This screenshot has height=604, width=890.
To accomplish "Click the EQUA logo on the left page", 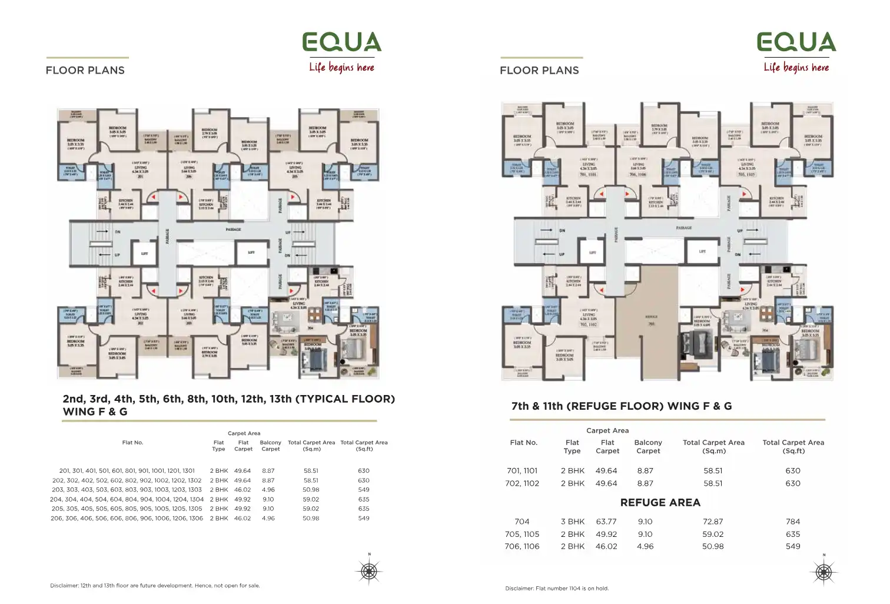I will click(342, 42).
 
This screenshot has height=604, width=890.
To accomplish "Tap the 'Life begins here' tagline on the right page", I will click(796, 68).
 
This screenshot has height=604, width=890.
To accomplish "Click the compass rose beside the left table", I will click(369, 570).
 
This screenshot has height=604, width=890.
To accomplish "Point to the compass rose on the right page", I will click(823, 571).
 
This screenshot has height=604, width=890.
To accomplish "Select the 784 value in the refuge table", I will click(793, 522).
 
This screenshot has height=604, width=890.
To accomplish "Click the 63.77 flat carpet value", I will click(606, 522).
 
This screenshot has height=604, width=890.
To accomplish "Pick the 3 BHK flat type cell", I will click(573, 522).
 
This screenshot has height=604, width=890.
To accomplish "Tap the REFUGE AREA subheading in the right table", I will click(660, 503).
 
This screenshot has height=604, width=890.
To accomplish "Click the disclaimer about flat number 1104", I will click(557, 588).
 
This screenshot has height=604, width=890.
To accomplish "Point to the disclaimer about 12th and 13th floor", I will click(155, 586).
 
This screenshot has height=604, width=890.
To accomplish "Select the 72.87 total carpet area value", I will click(713, 522).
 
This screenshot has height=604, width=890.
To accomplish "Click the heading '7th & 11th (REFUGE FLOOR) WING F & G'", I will click(622, 406).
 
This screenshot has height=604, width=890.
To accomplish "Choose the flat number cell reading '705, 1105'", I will click(522, 535).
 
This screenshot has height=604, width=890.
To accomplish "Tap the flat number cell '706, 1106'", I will click(522, 546).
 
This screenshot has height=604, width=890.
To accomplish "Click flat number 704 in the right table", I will click(522, 522).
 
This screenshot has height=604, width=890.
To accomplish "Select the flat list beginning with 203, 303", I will click(127, 490).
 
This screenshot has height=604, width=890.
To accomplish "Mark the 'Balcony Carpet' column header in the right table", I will click(648, 447).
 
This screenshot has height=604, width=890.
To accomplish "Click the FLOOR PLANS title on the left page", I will click(85, 71).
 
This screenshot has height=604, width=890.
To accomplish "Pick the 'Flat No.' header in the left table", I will click(132, 443).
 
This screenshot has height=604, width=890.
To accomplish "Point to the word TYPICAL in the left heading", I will click(323, 399).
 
